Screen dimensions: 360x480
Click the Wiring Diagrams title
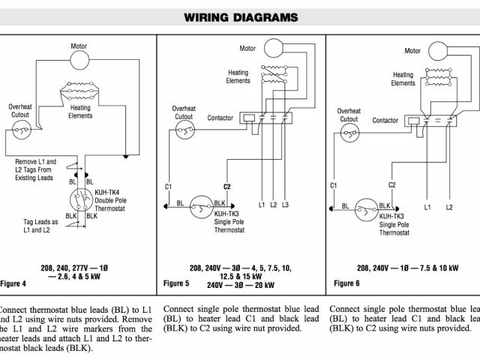[x=240, y=17]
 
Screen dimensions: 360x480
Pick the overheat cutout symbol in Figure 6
[x=346, y=132]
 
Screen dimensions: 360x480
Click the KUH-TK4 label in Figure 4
[x=107, y=192]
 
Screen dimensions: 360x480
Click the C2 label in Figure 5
[x=226, y=185]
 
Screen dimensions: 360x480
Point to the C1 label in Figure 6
[x=333, y=184]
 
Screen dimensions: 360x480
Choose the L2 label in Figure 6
[x=449, y=206]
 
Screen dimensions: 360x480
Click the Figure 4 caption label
[x=13, y=283]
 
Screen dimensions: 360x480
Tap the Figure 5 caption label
[x=177, y=283]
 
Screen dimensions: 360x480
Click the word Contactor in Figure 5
[x=220, y=118]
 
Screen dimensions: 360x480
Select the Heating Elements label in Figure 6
[x=403, y=79]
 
